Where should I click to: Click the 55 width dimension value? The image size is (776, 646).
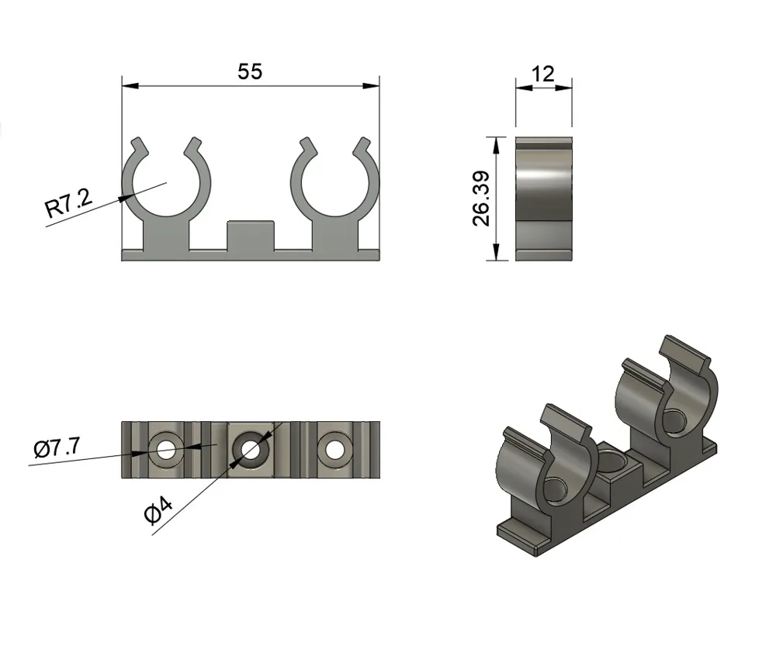pyautogui.click(x=250, y=71)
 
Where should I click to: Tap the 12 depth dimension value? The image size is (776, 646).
pyautogui.click(x=542, y=74)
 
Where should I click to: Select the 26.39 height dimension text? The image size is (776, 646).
pyautogui.click(x=481, y=199)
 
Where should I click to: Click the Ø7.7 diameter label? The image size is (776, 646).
pyautogui.click(x=57, y=447)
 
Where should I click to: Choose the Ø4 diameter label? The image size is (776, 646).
pyautogui.click(x=158, y=512)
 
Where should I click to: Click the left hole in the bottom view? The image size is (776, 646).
pyautogui.click(x=167, y=450)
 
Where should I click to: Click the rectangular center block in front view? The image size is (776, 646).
pyautogui.click(x=251, y=236)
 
